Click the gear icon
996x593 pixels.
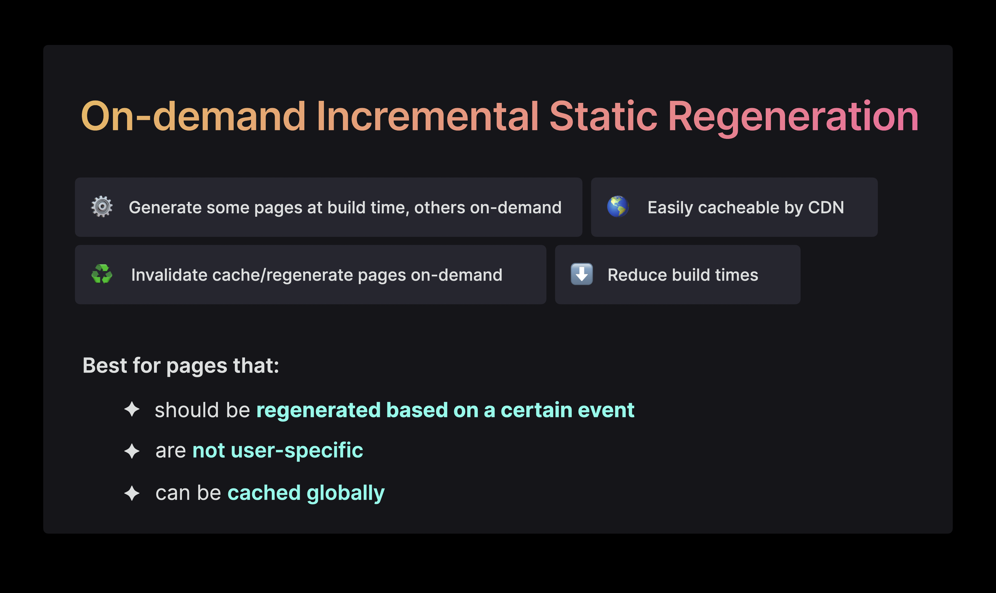click(x=102, y=207)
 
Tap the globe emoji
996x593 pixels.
click(x=618, y=207)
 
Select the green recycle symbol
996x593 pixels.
click(x=102, y=274)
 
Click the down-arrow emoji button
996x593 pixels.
click(x=582, y=274)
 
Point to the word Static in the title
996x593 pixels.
click(x=603, y=116)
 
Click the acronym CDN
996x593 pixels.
click(x=826, y=207)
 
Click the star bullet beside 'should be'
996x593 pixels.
click(x=132, y=409)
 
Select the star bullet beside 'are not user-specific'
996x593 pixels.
click(x=132, y=451)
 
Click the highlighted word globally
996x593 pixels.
click(x=345, y=494)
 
